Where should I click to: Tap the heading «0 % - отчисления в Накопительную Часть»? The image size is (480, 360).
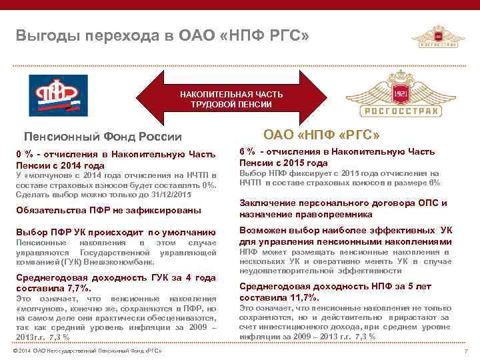tap(117, 155)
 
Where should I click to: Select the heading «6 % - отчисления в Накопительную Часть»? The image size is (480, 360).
tap(337, 151)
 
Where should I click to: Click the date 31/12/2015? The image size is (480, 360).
tap(168, 194)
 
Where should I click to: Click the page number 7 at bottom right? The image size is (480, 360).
tap(464, 351)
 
